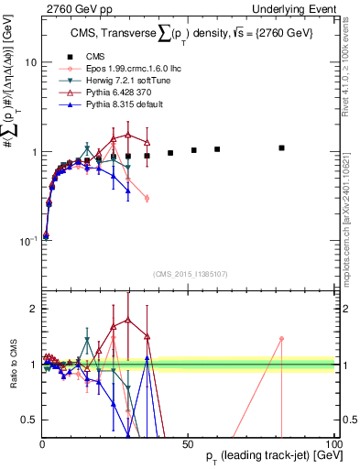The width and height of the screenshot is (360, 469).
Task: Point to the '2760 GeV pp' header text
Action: [x=69, y=7]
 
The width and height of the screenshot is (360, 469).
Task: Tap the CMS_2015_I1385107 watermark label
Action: [x=191, y=273]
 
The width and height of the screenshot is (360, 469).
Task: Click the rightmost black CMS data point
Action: [x=282, y=147]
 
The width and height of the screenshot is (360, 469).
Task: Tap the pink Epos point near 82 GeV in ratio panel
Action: [x=282, y=338]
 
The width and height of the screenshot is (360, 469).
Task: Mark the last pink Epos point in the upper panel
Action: [x=147, y=198]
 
